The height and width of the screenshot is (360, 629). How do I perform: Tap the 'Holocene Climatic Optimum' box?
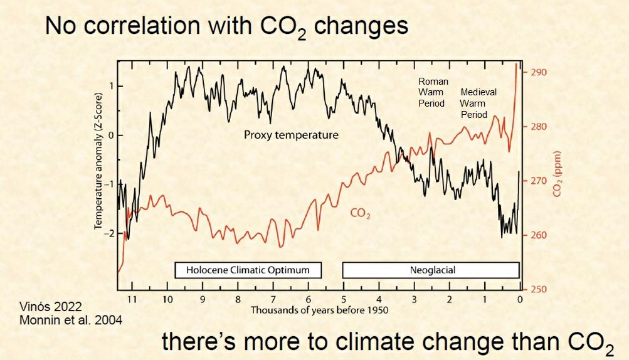[x=248, y=270]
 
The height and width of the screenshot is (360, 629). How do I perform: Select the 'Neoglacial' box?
[x=430, y=270]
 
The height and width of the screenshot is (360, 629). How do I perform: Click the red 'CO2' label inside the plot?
[x=360, y=214]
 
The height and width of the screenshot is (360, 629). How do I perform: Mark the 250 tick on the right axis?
[x=539, y=289]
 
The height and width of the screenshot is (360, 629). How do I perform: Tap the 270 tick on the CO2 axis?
[x=539, y=181]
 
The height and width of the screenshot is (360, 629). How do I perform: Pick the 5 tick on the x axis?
[x=343, y=300]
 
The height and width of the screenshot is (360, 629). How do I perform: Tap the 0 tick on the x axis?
[x=520, y=300]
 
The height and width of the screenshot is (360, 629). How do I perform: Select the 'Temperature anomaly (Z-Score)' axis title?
[x=98, y=174]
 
